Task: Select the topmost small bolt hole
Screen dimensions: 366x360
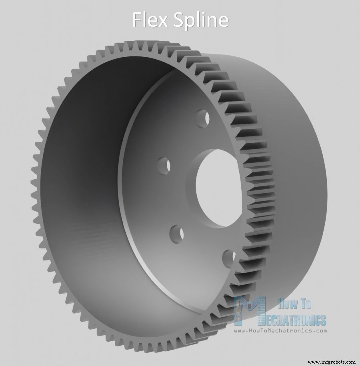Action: pyautogui.click(x=203, y=117)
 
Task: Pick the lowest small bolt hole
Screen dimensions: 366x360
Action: pyautogui.click(x=229, y=256)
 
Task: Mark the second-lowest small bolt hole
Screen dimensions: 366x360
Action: pyautogui.click(x=176, y=232)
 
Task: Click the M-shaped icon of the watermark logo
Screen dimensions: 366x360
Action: pyautogui.click(x=250, y=311)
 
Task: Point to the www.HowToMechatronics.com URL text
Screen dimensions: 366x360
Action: pyautogui.click(x=280, y=331)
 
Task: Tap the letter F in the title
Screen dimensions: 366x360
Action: pyautogui.click(x=137, y=19)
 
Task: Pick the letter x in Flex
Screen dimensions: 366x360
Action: pyautogui.click(x=163, y=21)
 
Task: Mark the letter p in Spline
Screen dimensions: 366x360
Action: pyautogui.click(x=190, y=22)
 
